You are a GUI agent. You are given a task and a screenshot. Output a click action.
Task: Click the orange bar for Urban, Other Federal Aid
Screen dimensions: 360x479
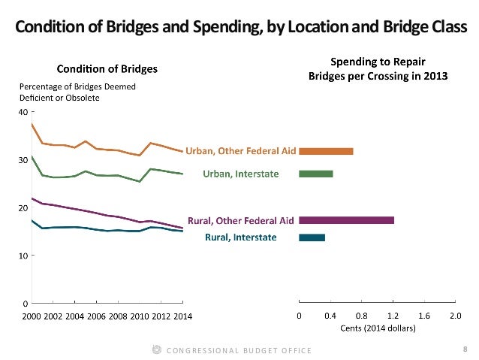click(x=326, y=151)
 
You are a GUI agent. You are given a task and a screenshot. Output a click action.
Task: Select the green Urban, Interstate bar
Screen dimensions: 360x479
click(x=316, y=174)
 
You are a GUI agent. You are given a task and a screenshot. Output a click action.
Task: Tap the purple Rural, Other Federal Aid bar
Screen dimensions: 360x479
click(x=346, y=220)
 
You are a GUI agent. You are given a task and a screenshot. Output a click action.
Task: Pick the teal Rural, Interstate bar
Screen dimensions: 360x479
click(x=312, y=237)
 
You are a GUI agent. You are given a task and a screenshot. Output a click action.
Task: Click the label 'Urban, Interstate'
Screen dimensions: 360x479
click(x=241, y=174)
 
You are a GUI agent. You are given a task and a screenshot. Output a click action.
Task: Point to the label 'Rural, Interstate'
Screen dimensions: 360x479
click(x=241, y=237)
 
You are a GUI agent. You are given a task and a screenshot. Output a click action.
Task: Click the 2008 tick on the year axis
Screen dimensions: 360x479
click(x=118, y=316)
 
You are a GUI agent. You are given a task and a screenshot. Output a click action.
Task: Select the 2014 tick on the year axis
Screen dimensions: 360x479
click(x=182, y=316)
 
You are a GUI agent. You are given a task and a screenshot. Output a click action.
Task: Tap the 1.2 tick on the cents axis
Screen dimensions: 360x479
click(x=393, y=316)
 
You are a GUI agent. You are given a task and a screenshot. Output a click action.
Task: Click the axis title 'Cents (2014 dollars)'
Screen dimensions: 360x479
click(x=377, y=328)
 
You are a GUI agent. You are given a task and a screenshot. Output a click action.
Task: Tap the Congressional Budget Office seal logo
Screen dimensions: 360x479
click(x=156, y=349)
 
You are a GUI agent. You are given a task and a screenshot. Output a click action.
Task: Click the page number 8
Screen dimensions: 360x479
click(x=465, y=349)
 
